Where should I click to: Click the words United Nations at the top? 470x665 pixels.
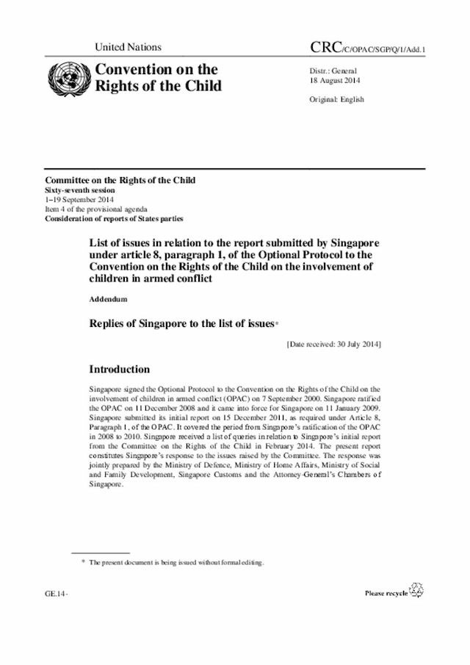129,47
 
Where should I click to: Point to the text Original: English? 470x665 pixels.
337,99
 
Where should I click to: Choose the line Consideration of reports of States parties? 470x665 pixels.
114,219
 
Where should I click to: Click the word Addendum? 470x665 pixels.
109,301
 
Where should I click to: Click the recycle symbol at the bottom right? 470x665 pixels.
416,590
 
